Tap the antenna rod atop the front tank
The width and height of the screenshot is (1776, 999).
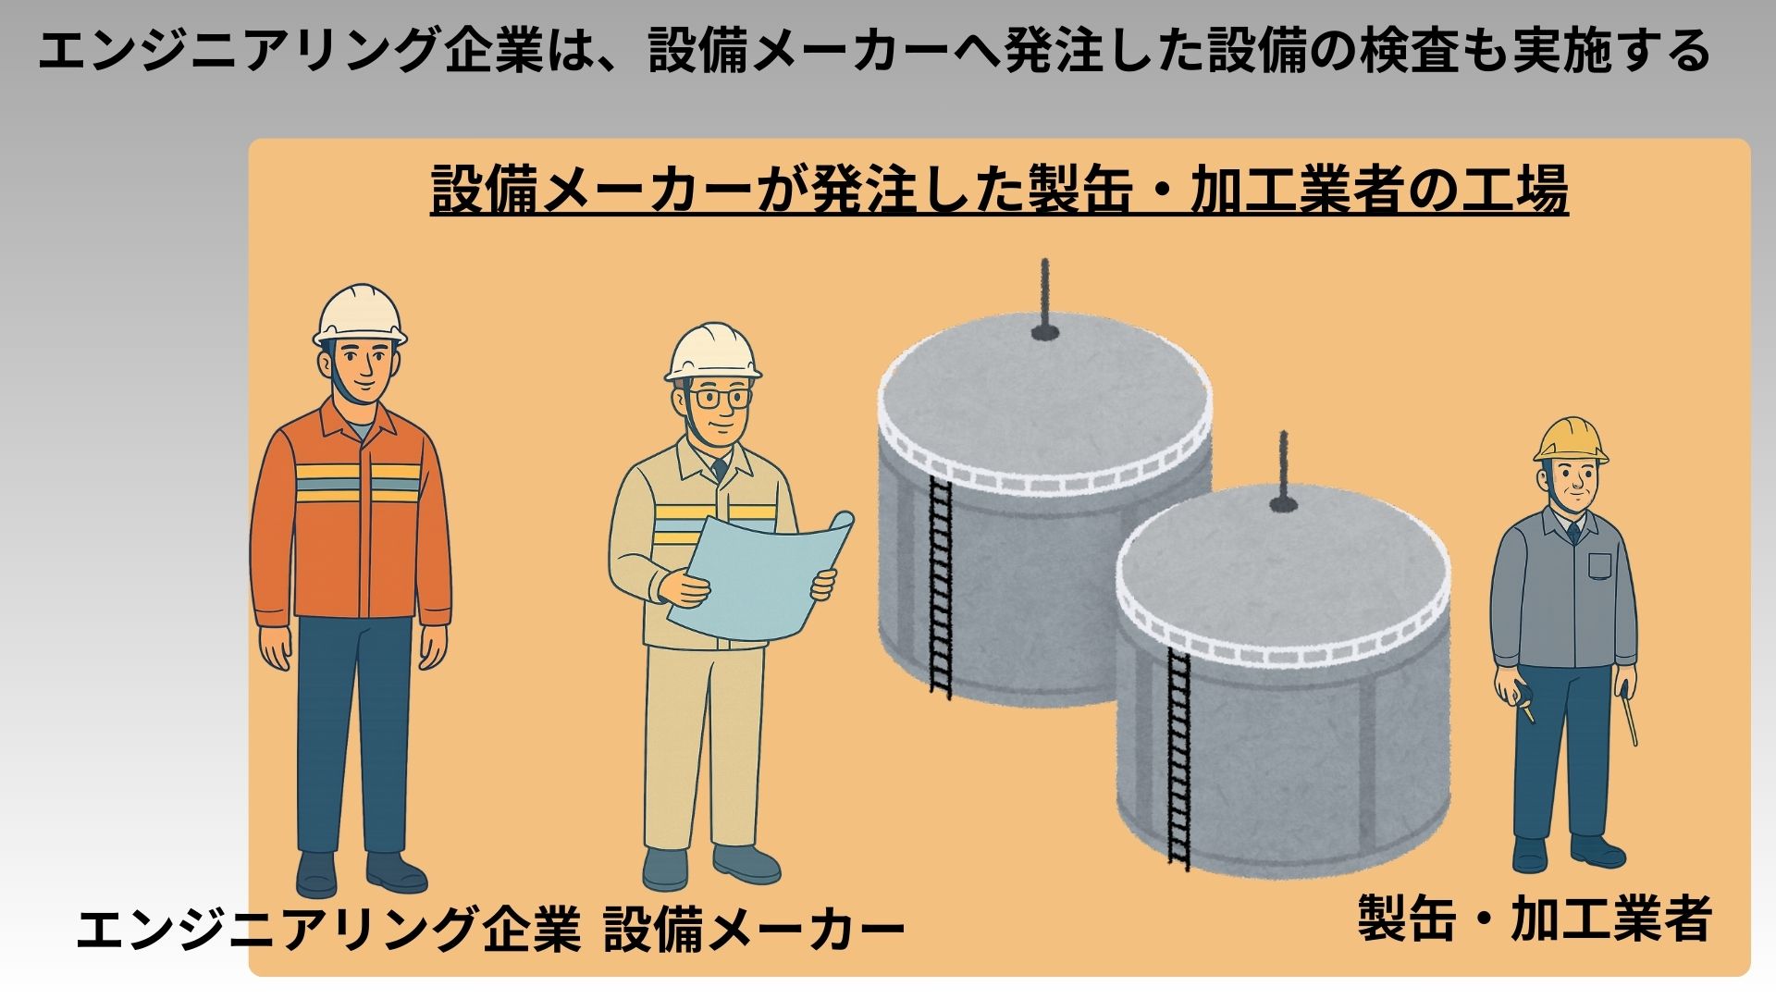coord(1283,472)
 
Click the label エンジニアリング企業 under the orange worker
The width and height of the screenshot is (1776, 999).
coord(328,930)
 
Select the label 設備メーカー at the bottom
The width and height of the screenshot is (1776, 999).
coord(754,930)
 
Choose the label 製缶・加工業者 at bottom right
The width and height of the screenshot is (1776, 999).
coord(1535,919)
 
